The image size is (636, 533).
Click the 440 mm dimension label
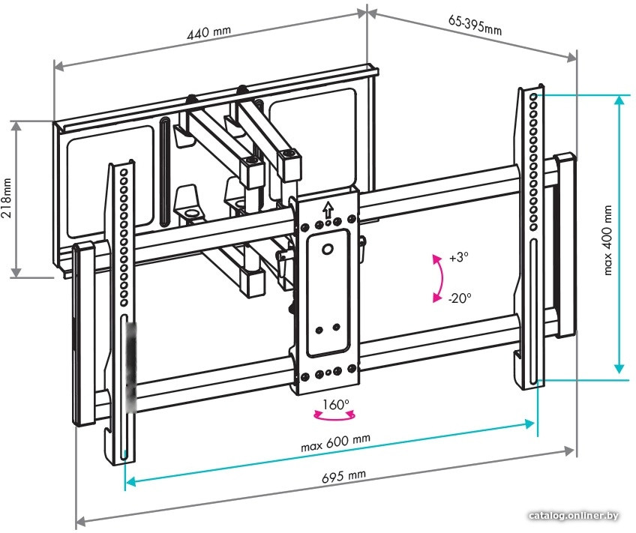pos(208,32)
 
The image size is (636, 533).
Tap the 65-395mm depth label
pos(475,25)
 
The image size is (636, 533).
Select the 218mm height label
pos(7,197)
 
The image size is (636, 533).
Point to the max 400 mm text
pos(607,241)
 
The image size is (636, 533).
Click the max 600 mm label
pos(335,442)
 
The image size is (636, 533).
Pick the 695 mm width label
pos(343,476)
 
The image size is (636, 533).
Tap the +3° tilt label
pos(459,257)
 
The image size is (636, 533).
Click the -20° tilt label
pos(460,298)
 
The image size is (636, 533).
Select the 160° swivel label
pos(336,404)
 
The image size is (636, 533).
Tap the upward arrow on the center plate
pos(328,210)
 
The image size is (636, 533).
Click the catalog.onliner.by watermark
pos(574,516)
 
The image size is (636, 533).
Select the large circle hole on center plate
pos(327,249)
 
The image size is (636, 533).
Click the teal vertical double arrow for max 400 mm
pos(619,234)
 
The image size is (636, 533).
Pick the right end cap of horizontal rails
pos(565,245)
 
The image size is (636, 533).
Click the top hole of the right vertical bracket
pos(534,97)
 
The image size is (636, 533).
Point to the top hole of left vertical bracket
pos(123,172)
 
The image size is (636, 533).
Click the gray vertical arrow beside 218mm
pos(16,199)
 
